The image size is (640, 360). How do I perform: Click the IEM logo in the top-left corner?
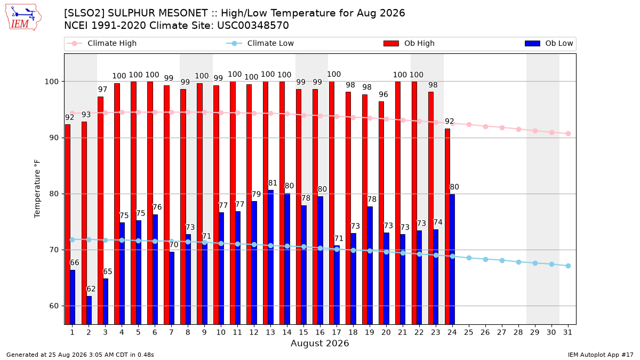[23, 18]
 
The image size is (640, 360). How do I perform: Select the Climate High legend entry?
[101, 43]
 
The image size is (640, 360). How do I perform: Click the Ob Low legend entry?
[549, 43]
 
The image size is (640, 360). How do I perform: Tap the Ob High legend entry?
[409, 43]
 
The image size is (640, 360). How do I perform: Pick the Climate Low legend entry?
[260, 43]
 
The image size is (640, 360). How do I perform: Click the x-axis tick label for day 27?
[502, 332]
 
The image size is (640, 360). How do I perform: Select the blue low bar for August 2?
[89, 310]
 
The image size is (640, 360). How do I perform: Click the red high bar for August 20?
[381, 213]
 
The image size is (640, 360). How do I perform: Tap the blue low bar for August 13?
[270, 258]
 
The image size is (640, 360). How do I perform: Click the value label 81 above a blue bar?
[273, 183]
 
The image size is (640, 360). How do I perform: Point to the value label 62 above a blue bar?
[91, 289]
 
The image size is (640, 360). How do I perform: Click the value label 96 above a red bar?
[383, 94]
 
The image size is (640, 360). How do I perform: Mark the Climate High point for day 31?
[568, 134]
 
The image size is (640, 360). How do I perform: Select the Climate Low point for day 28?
[518, 262]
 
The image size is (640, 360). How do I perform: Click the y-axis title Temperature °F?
[37, 189]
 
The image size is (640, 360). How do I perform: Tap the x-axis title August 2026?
[319, 343]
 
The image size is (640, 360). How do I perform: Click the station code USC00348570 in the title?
[253, 26]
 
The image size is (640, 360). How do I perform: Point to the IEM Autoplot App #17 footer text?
[601, 355]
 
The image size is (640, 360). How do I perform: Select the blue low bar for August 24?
[452, 259]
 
